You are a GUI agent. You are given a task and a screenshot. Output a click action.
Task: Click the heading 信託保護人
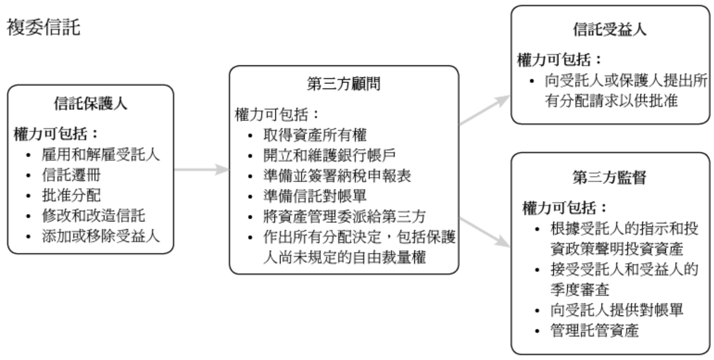point(90,104)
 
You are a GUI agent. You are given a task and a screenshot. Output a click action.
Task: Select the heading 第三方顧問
point(343,84)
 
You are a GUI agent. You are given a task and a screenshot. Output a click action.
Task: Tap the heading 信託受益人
point(609,29)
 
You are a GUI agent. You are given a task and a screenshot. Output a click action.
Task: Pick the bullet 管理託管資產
point(595,331)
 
